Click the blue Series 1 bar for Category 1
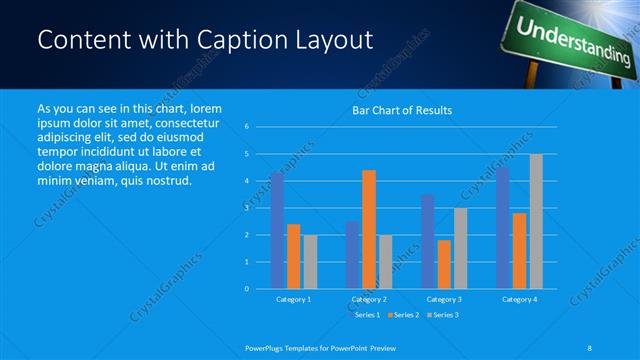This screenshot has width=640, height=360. [x=277, y=231]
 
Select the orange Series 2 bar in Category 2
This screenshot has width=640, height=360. [x=368, y=229]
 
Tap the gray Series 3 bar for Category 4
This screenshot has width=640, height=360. [x=536, y=221]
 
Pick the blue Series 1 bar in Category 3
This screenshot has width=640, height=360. [x=427, y=241]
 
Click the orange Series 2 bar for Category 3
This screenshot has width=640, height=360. [x=443, y=264]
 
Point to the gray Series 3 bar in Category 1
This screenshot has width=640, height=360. [x=309, y=261]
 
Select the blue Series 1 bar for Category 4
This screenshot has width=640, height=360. [x=502, y=228]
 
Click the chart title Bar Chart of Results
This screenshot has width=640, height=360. [x=402, y=110]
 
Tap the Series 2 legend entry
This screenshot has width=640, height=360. [x=403, y=314]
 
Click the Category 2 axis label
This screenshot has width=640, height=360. [x=368, y=299]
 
